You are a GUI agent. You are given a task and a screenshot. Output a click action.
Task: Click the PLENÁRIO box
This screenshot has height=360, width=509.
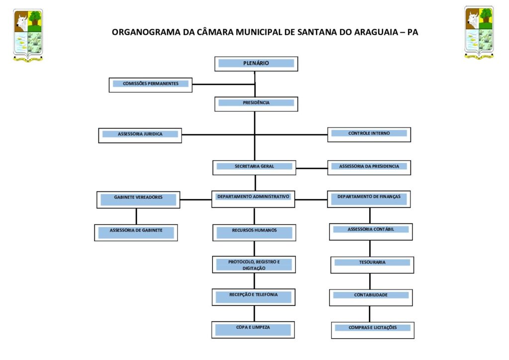click(x=256, y=64)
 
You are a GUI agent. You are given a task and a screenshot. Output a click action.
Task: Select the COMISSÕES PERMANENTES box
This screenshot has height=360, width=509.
click(x=151, y=85)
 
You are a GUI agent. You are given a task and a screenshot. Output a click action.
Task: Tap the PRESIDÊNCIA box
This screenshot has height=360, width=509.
click(x=256, y=104)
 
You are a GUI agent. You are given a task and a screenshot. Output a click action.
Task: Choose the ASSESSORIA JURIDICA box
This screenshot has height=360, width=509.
click(x=140, y=135)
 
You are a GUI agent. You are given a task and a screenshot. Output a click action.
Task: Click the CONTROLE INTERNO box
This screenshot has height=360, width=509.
click(x=369, y=135)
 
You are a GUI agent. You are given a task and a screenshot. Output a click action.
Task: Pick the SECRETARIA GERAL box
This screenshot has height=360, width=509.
click(x=254, y=168)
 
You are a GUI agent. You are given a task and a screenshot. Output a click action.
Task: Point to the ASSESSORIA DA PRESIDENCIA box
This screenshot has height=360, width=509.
click(x=369, y=168)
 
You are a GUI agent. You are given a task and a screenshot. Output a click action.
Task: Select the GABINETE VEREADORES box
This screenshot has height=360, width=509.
click(x=138, y=199)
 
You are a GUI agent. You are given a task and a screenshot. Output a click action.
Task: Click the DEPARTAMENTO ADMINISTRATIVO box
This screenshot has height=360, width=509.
click(x=253, y=199)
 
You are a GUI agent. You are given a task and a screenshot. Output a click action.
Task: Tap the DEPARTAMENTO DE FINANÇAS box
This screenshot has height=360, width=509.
click(x=369, y=199)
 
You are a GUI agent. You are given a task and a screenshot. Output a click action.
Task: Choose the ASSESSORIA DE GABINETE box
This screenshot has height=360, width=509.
click(x=136, y=232)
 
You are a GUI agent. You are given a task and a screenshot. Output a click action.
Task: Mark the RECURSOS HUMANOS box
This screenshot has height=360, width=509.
click(x=254, y=232)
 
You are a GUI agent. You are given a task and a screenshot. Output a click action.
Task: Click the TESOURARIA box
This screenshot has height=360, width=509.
click(x=372, y=265)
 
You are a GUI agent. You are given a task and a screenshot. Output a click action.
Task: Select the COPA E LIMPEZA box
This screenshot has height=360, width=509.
click(x=253, y=330)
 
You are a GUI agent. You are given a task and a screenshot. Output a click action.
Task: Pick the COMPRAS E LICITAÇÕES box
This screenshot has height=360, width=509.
click(x=373, y=330)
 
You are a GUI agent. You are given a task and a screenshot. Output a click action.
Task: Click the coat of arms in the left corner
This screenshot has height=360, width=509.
click(x=28, y=35)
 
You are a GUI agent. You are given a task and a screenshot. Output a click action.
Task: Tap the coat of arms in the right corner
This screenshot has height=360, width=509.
click(x=479, y=32)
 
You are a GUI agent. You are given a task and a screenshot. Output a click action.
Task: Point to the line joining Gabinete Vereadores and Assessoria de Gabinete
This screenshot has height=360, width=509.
click(x=136, y=216)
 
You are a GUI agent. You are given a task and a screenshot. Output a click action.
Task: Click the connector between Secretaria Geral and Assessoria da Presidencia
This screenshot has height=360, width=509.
click(x=312, y=169)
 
